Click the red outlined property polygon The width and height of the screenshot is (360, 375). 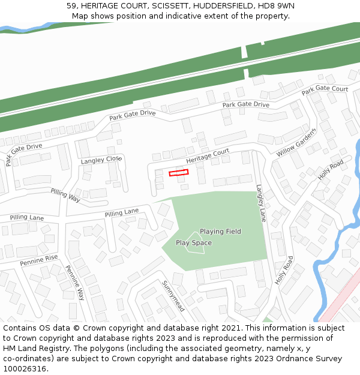click(178, 173)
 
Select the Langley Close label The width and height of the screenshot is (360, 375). click(101, 160)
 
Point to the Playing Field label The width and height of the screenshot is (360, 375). click(220, 232)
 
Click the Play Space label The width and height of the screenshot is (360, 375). click(193, 243)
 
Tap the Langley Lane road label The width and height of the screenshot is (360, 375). click(260, 203)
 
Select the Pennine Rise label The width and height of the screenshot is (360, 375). click(38, 260)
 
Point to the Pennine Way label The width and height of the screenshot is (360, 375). click(75, 283)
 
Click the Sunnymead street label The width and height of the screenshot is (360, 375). click(172, 295)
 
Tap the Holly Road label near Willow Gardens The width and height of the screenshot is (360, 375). click(331, 170)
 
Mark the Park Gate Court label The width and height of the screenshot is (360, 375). click(325, 89)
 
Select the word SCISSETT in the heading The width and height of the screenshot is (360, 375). click(172, 5)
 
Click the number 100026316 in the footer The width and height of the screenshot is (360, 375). click(25, 369)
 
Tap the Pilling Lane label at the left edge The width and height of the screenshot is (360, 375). click(27, 217)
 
